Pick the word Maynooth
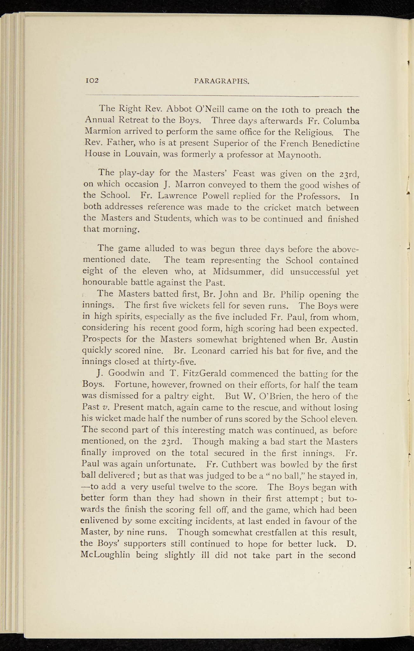point(300,155)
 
